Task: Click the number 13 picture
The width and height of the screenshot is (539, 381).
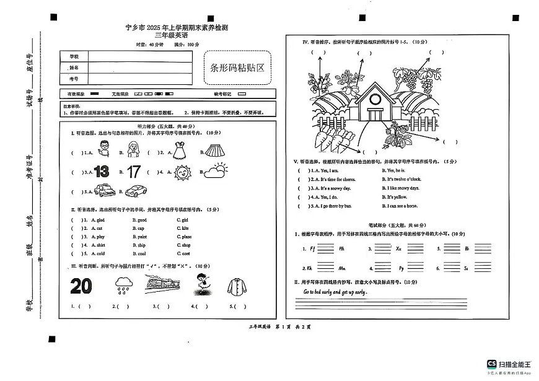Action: click(101, 172)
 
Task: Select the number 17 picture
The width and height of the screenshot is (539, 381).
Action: click(133, 172)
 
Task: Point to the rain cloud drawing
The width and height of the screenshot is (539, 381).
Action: click(124, 286)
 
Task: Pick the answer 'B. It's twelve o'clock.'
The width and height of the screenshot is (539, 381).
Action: click(403, 179)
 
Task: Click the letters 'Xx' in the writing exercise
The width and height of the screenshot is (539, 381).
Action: click(398, 248)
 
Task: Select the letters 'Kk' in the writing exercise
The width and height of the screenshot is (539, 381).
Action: click(308, 268)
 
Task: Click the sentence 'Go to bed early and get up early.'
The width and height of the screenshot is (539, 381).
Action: click(335, 292)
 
